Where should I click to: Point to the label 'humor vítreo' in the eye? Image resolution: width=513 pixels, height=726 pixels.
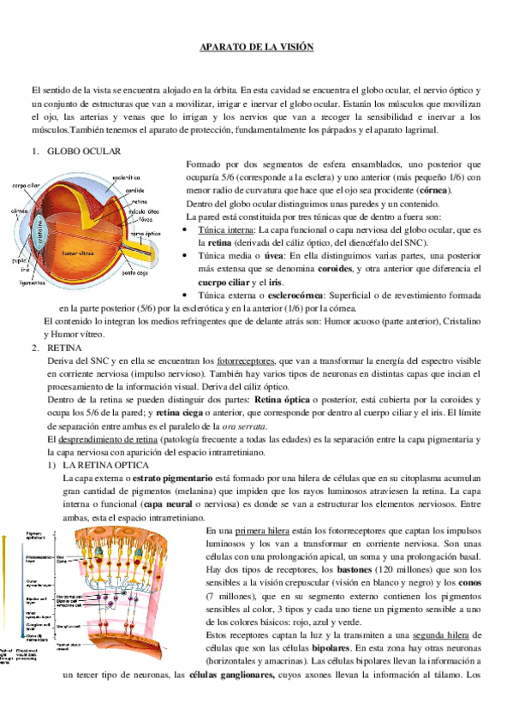point(82,253)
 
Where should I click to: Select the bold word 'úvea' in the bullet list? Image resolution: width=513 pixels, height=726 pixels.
point(283,256)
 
